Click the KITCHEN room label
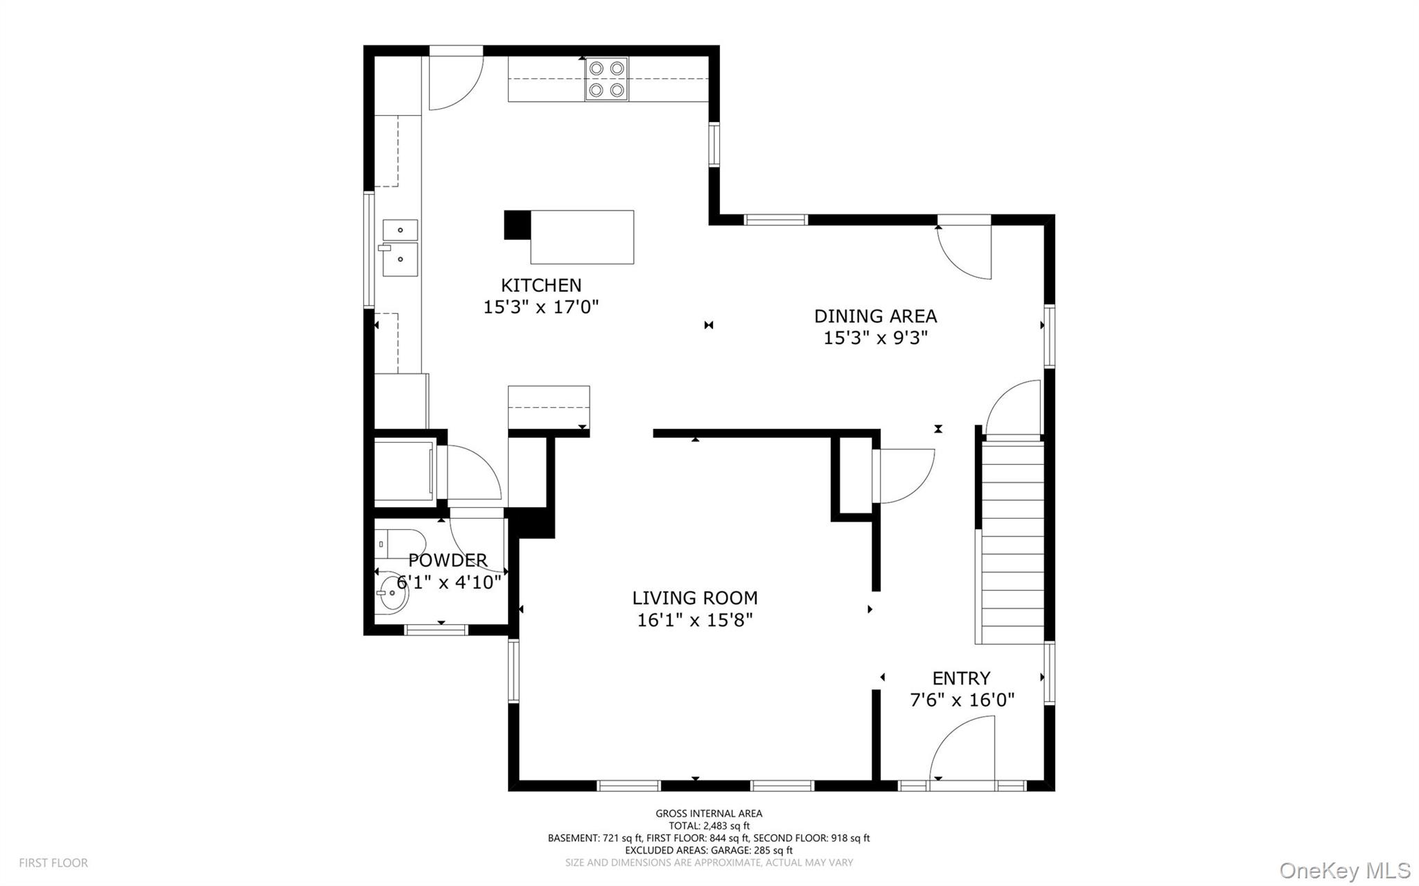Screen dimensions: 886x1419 pos(541,285)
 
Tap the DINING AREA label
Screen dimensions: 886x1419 pos(875,316)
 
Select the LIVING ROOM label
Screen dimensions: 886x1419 pos(694,597)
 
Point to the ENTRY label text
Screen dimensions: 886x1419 pos(960,677)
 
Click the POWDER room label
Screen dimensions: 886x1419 pos(447,560)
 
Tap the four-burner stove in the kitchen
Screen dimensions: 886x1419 pos(606,79)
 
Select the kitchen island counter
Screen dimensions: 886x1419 pos(581,237)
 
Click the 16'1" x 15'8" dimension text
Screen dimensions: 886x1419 pos(694,619)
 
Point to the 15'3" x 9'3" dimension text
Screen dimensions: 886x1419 pos(875,338)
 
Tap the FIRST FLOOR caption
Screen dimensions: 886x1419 pos(53,862)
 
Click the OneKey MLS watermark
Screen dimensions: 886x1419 pos(1344,870)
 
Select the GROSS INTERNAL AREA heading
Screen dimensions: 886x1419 pos(709,813)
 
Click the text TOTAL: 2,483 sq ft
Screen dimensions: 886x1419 pos(709,826)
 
